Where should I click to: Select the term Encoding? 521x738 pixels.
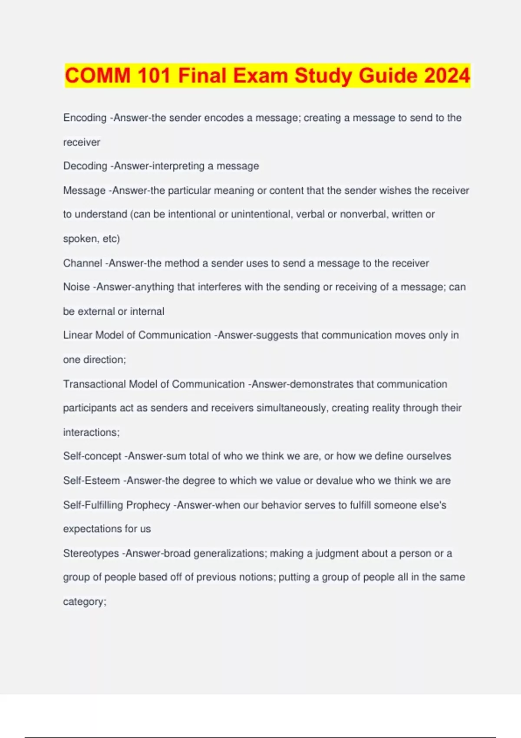click(x=85, y=118)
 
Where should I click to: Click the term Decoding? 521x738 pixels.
click(x=85, y=166)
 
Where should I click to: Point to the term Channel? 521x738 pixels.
click(x=82, y=263)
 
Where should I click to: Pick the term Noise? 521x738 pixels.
click(x=76, y=287)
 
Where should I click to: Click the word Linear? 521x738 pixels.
click(x=77, y=335)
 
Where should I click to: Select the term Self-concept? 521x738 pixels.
click(x=92, y=456)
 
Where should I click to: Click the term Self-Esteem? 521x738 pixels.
click(x=92, y=481)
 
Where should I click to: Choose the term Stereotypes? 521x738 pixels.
click(x=91, y=553)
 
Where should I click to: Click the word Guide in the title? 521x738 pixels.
click(x=388, y=76)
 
